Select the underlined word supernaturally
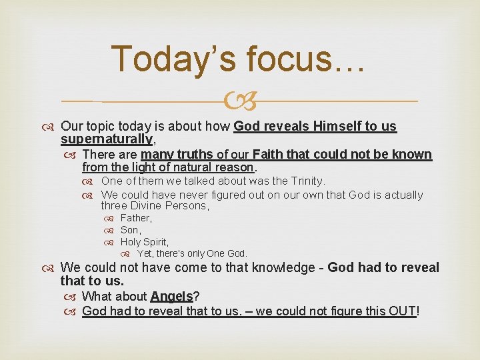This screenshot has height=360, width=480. coord(107,139)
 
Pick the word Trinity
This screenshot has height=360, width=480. coord(304,181)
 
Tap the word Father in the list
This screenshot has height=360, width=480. coord(135,218)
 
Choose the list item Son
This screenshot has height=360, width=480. coord(129,230)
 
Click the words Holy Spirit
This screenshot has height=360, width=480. coord(144,242)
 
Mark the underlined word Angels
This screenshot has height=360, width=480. coord(171,297)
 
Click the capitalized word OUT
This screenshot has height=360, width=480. coord(402,311)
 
